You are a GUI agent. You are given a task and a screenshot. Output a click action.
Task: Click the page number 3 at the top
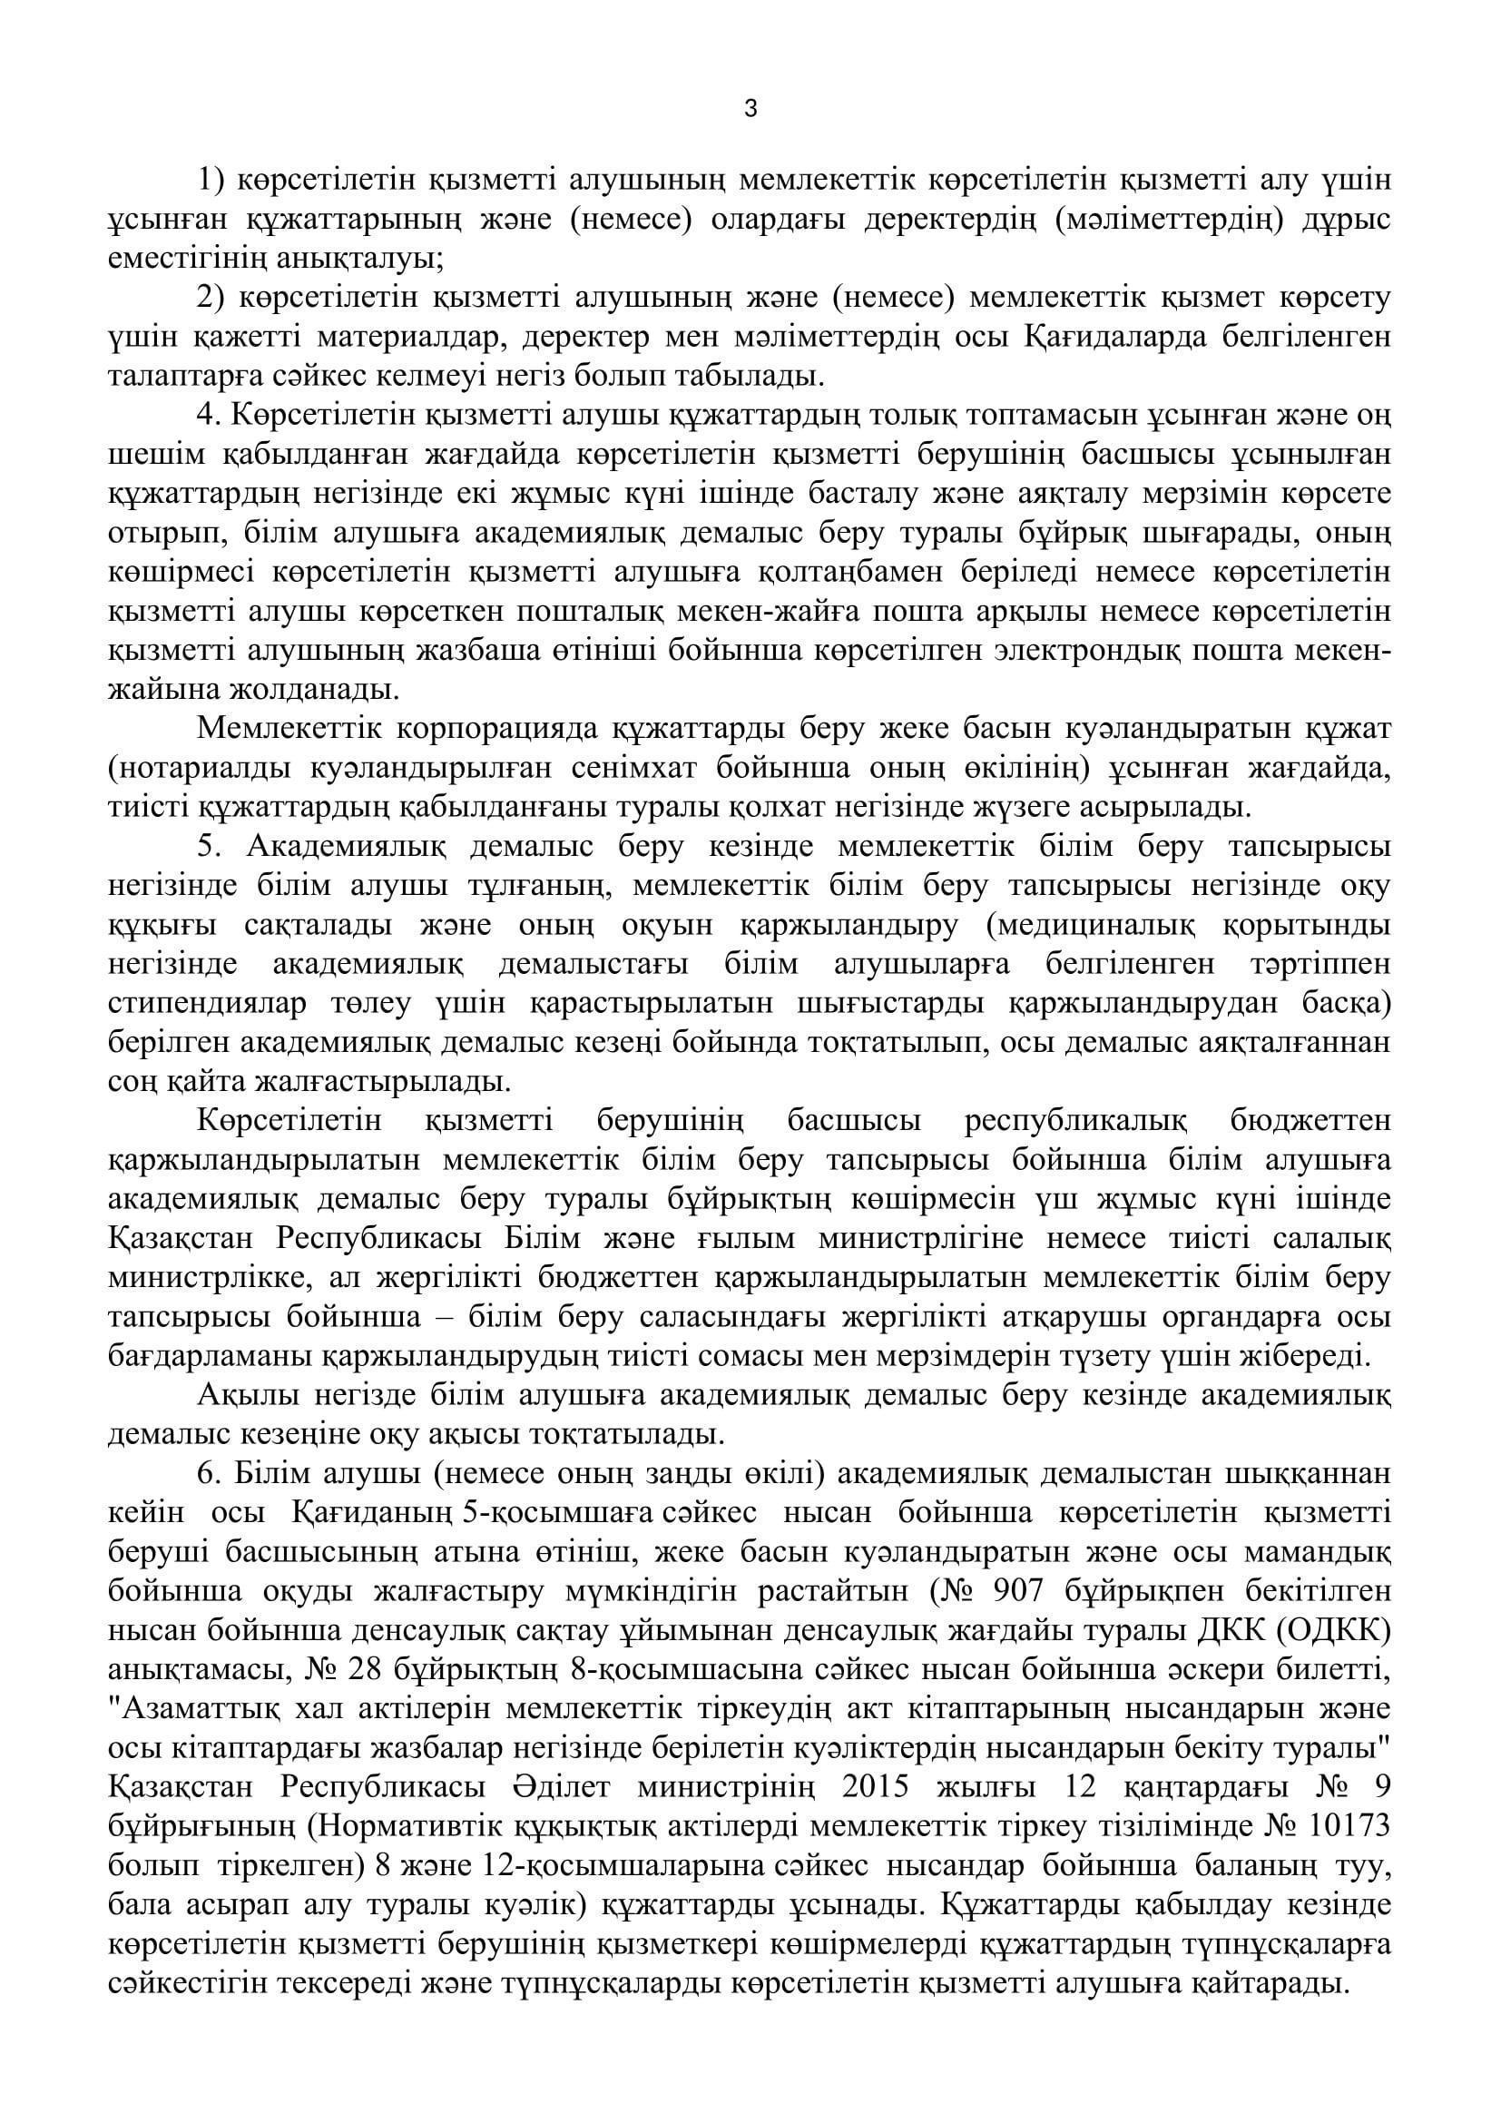point(750,109)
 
